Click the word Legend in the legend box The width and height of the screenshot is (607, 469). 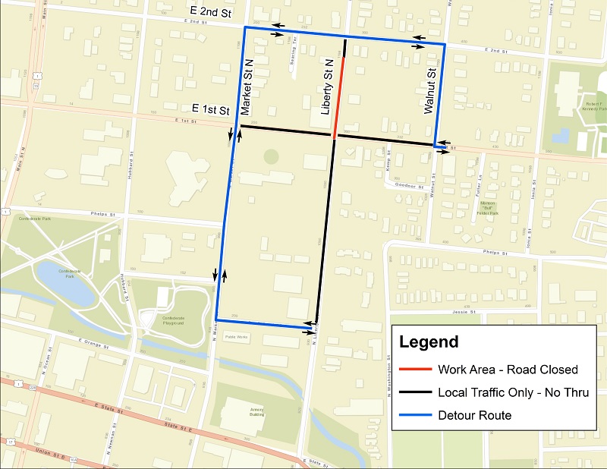click(429, 342)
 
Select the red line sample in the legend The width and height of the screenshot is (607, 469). click(414, 370)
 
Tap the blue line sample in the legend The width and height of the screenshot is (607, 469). click(414, 415)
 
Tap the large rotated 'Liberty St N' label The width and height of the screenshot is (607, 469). click(328, 87)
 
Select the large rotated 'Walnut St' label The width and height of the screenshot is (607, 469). click(429, 92)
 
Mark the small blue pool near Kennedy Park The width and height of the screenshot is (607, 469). click(562, 137)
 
